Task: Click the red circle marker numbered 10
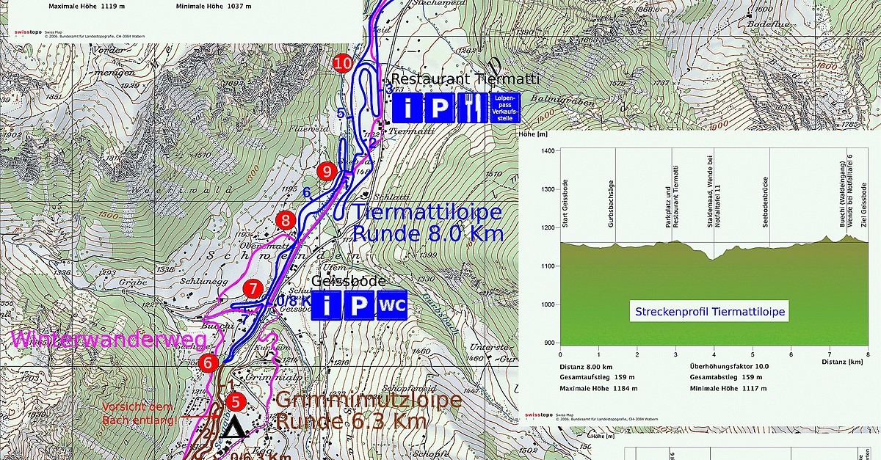pyautogui.click(x=342, y=63)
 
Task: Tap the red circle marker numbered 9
pyautogui.click(x=327, y=172)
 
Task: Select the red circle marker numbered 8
pyautogui.click(x=286, y=220)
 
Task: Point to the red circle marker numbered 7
pyautogui.click(x=254, y=289)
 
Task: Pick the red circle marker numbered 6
pyautogui.click(x=209, y=362)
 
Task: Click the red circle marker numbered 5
pyautogui.click(x=235, y=401)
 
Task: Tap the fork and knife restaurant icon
pyautogui.click(x=468, y=109)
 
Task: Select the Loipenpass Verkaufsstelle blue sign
pyautogui.click(x=506, y=108)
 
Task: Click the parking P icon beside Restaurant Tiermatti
pyautogui.click(x=438, y=109)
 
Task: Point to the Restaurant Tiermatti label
pyautogui.click(x=465, y=79)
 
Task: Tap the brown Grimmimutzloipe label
pyautogui.click(x=369, y=401)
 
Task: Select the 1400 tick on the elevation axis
pyautogui.click(x=547, y=150)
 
